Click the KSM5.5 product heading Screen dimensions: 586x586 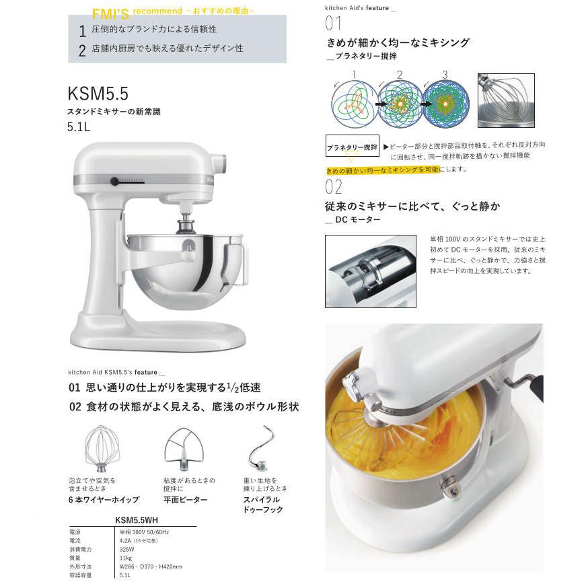(98, 93)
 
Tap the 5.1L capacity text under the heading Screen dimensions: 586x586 (79, 127)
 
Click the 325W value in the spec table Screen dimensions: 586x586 (127, 549)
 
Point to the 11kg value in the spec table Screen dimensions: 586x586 (126, 558)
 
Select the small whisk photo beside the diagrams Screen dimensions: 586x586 (505, 100)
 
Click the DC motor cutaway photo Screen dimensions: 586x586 (370, 271)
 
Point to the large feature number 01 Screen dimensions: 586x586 (333, 24)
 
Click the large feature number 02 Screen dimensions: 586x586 (334, 187)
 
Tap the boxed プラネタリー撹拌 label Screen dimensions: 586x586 (353, 147)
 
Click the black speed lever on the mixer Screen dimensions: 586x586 (115, 181)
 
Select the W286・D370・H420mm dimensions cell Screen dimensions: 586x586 (150, 566)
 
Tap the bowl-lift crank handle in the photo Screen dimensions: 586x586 (529, 384)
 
